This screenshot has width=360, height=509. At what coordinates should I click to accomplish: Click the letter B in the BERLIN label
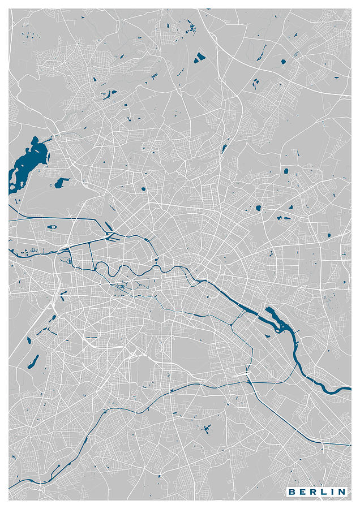293,492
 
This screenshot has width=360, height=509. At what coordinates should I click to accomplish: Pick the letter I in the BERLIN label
332,492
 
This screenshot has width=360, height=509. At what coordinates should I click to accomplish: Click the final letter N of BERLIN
341,492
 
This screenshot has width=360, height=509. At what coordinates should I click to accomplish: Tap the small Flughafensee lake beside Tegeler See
61,182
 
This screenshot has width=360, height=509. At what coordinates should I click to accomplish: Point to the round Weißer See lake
258,208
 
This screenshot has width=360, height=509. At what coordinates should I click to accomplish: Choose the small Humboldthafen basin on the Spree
155,260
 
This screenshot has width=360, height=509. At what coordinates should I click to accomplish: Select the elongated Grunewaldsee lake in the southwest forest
33,360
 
